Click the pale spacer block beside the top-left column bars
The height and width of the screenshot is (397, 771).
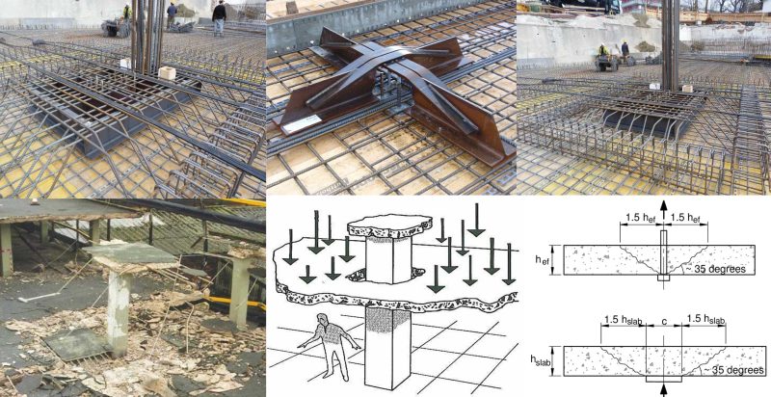166,72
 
